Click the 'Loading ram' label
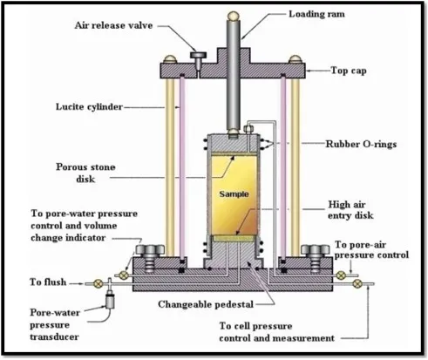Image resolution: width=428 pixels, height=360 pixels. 316,14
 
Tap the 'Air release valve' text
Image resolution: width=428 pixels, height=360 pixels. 113,25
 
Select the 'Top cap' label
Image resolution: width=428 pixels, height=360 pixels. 349,71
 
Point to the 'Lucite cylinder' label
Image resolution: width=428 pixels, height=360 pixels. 89,107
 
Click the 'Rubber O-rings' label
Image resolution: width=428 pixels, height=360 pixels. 361,144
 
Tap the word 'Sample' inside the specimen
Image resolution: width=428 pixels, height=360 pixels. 234,194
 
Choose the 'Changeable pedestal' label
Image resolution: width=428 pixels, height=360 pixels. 206,304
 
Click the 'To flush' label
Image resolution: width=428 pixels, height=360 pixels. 48,282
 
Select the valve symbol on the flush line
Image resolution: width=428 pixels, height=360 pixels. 99,283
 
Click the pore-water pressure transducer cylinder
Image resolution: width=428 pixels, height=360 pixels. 110,301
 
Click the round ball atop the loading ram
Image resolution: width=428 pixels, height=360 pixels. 234,16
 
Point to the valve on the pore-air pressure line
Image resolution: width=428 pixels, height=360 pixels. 341,275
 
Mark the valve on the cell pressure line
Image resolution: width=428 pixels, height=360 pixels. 357,283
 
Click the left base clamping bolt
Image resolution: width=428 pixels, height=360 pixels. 150,258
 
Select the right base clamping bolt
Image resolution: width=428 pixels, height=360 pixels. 316,258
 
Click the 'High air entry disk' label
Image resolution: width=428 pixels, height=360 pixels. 350,210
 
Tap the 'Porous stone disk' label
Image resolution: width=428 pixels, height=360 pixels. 85,173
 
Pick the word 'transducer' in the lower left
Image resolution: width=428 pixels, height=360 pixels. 54,337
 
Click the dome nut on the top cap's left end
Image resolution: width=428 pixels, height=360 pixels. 170,59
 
